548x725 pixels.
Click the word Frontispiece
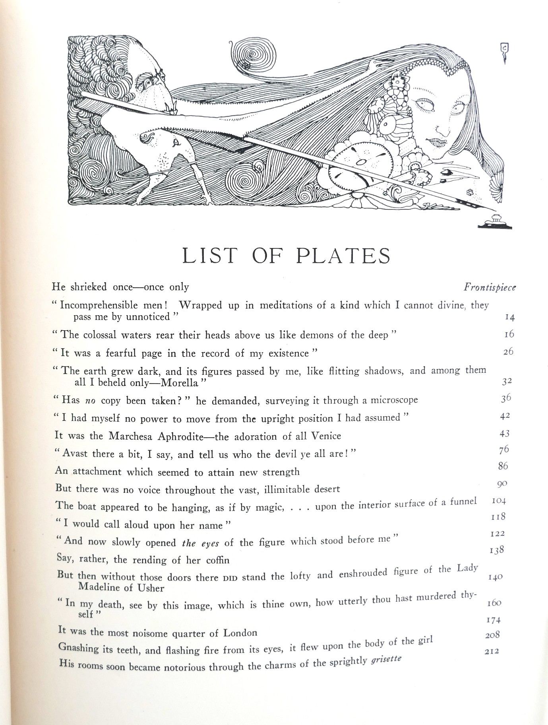[490, 287]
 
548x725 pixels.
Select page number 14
[509, 317]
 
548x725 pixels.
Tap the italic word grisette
[385, 659]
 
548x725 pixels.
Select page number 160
[494, 603]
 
